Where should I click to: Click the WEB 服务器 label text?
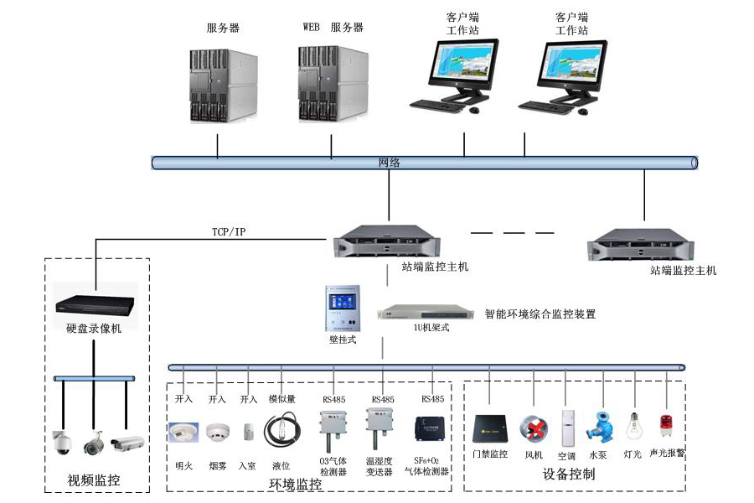tap(333, 28)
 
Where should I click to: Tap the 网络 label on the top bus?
tap(390, 163)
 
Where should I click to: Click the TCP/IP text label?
tap(229, 231)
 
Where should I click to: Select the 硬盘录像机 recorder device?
tap(94, 307)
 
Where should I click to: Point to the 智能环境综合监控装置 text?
tap(540, 314)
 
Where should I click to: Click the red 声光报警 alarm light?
tap(667, 425)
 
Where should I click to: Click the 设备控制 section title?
tap(569, 474)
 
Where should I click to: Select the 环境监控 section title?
tap(295, 485)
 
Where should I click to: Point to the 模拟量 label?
tap(282, 399)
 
